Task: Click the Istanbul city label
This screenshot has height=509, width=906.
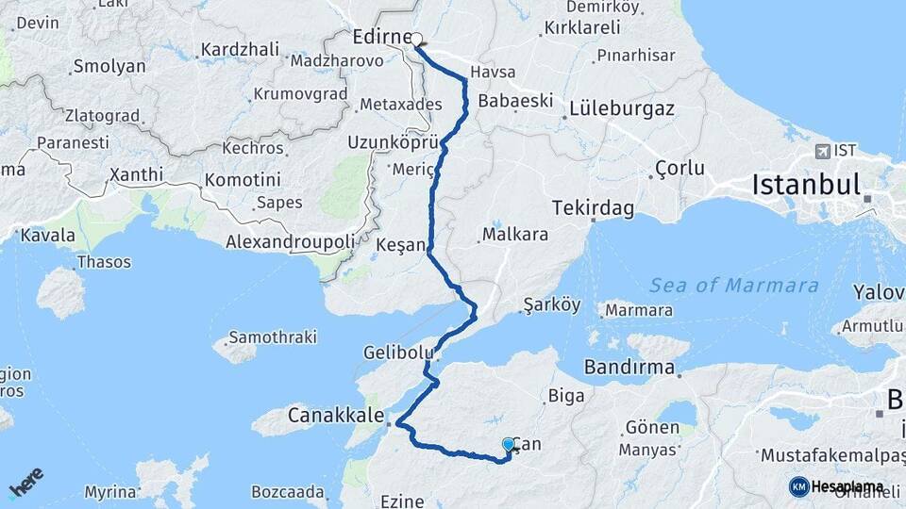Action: (x=806, y=185)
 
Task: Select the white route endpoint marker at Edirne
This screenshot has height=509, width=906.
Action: (x=416, y=40)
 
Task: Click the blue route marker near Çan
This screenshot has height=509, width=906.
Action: (x=509, y=444)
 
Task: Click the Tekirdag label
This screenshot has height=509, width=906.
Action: (x=593, y=206)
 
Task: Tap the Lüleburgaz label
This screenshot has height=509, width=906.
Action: (x=622, y=108)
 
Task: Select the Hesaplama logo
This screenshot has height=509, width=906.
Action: (x=836, y=486)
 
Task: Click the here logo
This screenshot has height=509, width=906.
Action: (x=26, y=482)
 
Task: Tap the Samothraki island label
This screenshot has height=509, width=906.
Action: (x=273, y=337)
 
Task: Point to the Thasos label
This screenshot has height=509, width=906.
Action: (x=104, y=261)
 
